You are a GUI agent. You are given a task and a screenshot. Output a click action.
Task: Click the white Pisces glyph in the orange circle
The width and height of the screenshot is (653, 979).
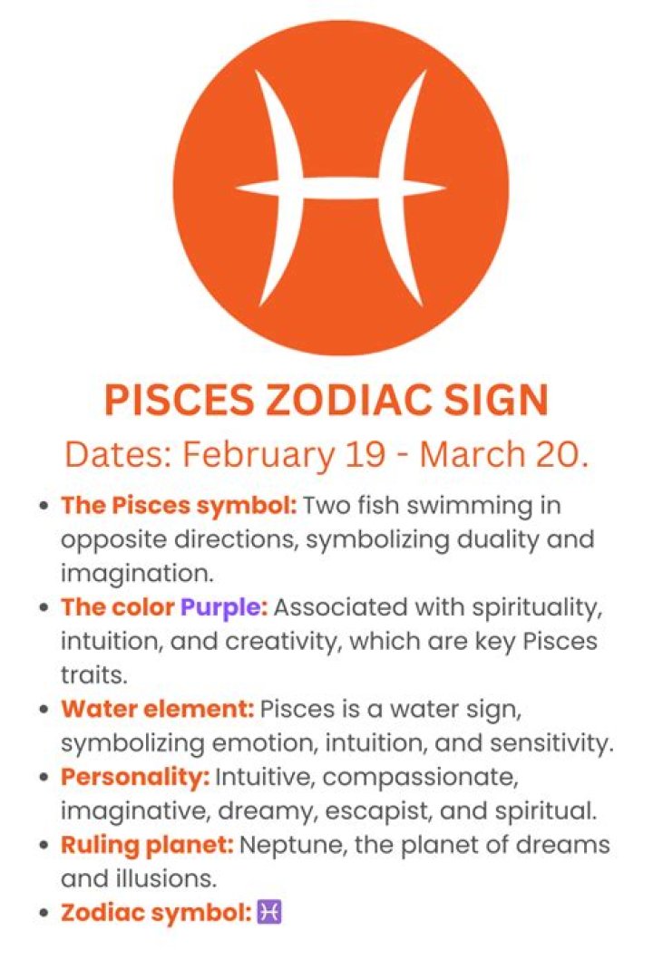[341, 188]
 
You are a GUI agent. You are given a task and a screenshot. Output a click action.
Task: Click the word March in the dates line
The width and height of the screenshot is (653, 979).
[472, 453]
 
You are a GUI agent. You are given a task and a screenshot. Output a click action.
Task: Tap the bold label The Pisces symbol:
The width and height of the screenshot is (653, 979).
[179, 505]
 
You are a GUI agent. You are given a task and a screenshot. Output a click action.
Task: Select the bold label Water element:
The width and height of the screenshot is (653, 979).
[159, 708]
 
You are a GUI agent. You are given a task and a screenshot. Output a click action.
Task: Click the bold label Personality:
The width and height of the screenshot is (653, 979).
[135, 777]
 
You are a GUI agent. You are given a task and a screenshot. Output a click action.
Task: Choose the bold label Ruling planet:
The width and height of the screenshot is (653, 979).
[147, 845]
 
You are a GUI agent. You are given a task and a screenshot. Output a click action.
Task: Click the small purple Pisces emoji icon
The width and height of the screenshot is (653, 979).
[270, 912]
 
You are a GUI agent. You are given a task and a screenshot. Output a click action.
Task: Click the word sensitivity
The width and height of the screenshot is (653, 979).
[555, 742]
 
